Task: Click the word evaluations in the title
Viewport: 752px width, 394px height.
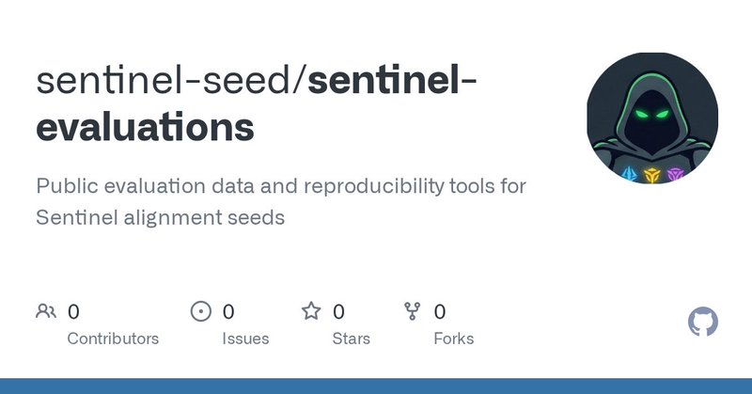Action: click(145, 128)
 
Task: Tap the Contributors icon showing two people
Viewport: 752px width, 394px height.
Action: click(45, 311)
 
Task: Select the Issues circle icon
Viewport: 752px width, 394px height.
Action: click(200, 311)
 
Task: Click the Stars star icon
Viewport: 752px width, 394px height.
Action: click(310, 311)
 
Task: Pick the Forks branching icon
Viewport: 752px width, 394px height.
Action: click(412, 311)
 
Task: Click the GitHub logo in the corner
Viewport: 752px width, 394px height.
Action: click(703, 323)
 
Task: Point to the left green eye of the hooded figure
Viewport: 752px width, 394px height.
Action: click(639, 117)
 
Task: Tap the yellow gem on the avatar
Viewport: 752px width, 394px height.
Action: click(650, 175)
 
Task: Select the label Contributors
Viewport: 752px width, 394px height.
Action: click(113, 339)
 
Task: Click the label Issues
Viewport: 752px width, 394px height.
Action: click(245, 339)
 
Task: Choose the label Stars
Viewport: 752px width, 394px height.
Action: click(351, 339)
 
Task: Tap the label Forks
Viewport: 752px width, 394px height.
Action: click(454, 339)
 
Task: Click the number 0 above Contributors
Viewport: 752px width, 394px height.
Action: click(74, 311)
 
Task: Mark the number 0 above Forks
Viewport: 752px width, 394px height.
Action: click(440, 311)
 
